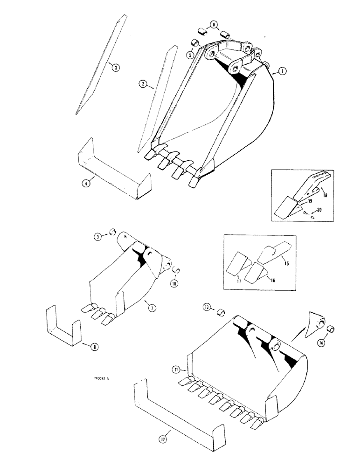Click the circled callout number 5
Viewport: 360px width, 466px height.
[191, 55]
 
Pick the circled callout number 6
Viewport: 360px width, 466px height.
[214, 25]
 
